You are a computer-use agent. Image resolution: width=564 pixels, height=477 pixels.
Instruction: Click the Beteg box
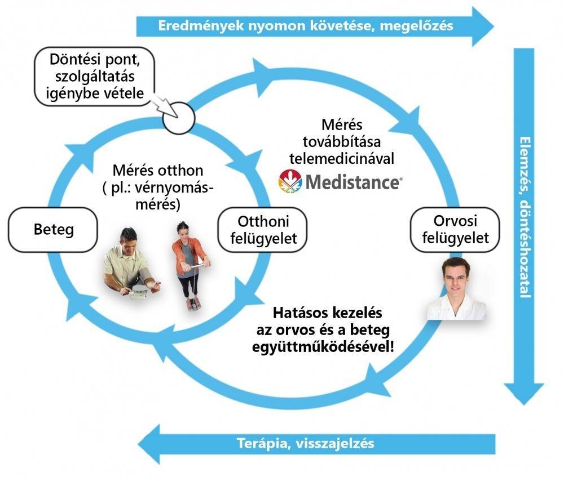point(53,229)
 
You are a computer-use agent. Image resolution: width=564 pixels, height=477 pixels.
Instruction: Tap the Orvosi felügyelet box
point(454,229)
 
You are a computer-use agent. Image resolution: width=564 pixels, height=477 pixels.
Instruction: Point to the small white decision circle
point(178,118)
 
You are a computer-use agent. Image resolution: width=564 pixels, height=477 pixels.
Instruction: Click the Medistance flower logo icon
point(290,181)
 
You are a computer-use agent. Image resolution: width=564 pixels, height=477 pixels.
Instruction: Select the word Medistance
point(352,182)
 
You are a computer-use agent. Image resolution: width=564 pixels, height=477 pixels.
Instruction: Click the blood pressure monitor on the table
point(138,292)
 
